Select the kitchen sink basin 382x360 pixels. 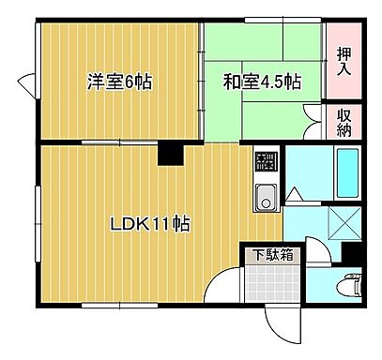pyautogui.click(x=264, y=198)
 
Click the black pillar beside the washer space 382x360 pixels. pyautogui.click(x=352, y=252)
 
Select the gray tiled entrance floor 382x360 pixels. pyautogui.click(x=269, y=281)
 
